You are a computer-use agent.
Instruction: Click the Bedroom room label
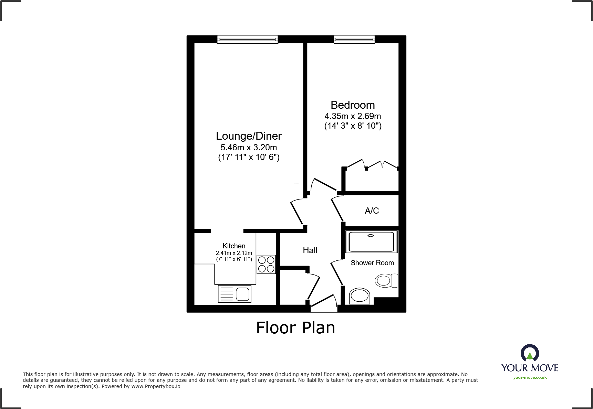(353, 105)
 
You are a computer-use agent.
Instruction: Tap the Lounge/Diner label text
(249, 136)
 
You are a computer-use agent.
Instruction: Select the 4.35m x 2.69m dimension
(353, 116)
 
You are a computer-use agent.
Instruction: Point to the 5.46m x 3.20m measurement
(249, 148)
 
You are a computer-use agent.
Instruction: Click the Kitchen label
(234, 246)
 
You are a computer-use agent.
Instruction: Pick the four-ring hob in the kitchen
(266, 264)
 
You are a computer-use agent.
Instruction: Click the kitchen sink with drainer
(235, 294)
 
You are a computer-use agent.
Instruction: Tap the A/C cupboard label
(372, 211)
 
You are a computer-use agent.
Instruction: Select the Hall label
(310, 250)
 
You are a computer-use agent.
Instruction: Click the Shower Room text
(372, 263)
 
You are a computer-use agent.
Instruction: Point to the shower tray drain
(371, 236)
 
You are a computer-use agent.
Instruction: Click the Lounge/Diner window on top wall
(247, 40)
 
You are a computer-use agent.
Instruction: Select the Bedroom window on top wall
(354, 40)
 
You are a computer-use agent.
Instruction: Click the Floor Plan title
(295, 327)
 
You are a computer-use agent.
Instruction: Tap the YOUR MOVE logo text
(530, 368)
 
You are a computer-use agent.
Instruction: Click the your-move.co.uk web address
(530, 377)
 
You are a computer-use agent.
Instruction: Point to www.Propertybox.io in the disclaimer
(156, 386)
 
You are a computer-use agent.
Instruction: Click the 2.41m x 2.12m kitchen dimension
(234, 253)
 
